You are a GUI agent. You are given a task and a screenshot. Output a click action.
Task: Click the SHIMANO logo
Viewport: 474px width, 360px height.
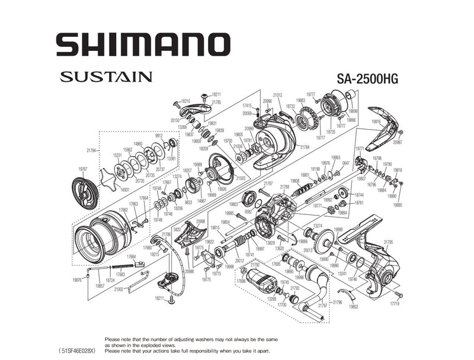142,44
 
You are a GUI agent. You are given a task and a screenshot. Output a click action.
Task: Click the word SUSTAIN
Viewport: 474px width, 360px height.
105,77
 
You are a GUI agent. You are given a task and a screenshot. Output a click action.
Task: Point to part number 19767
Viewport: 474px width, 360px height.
83,169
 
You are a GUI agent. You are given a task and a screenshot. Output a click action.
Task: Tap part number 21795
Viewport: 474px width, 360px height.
389,242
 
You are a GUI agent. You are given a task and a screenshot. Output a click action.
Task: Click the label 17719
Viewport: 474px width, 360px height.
395,304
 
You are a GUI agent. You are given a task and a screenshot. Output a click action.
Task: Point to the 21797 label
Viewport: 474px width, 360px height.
322,305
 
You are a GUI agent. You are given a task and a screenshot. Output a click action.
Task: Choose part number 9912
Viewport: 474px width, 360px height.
159,135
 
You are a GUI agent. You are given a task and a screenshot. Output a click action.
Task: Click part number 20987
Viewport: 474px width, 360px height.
398,142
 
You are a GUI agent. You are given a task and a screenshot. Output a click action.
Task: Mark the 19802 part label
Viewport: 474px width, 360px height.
354,307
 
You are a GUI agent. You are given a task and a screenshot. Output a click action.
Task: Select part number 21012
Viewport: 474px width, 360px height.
277,95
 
